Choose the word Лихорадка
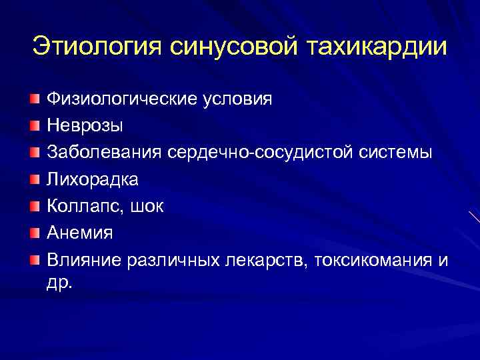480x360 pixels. [93, 179]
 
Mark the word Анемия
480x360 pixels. [80, 233]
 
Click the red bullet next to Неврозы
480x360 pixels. [34, 125]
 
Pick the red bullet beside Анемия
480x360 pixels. [34, 232]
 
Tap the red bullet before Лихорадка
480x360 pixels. [34, 179]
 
